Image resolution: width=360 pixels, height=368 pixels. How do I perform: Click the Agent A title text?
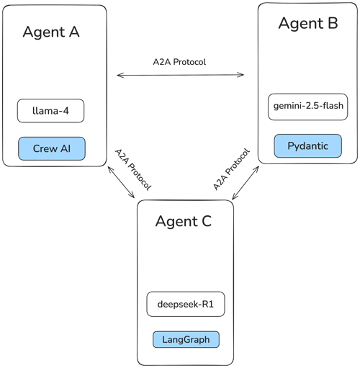coord(51,32)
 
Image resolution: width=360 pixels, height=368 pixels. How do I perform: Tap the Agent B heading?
coord(308,24)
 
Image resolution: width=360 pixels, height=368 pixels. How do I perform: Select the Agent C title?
coord(184,222)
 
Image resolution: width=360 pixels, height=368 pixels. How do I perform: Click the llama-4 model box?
coord(50,111)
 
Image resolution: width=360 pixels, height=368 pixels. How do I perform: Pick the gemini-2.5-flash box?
coord(308,107)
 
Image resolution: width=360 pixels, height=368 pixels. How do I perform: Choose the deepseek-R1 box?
coord(186,304)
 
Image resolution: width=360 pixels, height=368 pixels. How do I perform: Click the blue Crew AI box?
coord(52,148)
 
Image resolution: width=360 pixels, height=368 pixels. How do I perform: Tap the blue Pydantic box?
coord(308,146)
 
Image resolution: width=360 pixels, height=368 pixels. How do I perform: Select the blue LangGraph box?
coord(186,339)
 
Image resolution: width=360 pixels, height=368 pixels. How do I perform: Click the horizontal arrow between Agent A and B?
coord(180,75)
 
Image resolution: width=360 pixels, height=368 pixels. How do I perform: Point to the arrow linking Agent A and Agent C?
coord(121,182)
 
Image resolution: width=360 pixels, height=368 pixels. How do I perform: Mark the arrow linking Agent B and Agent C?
coord(246,183)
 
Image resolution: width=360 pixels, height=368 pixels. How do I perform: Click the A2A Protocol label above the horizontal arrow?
coord(179,62)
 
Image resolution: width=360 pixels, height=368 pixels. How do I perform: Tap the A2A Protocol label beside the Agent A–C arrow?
coord(133,170)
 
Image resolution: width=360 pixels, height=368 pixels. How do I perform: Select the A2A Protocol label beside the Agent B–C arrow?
coord(232,169)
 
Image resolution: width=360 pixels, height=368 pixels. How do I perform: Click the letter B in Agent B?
coord(333,23)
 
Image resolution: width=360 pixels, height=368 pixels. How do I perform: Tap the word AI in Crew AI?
coord(66,148)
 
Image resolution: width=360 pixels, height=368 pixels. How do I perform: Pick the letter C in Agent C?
coord(207,221)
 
